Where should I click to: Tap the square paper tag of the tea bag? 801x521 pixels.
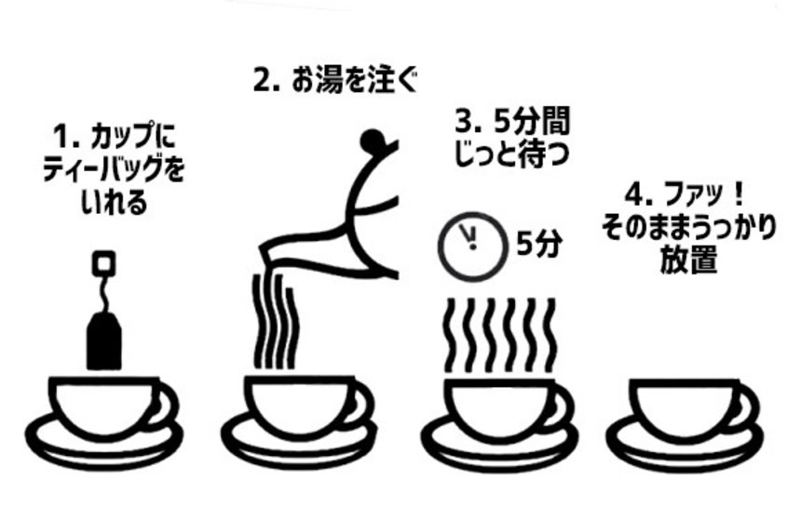103,264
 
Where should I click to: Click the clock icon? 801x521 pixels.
472,247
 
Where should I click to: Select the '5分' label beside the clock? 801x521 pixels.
539,244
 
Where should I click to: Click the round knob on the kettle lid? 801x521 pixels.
373,140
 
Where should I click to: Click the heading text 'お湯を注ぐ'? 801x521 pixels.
355,81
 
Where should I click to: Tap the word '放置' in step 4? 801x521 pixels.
688,260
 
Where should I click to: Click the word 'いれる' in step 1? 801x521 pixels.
114,203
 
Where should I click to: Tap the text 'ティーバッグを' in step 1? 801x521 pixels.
114,170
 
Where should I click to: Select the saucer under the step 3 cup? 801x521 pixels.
499,446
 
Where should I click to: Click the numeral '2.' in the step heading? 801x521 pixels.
266,81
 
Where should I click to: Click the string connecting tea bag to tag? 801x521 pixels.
103,293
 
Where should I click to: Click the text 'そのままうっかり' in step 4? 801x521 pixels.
688,228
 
